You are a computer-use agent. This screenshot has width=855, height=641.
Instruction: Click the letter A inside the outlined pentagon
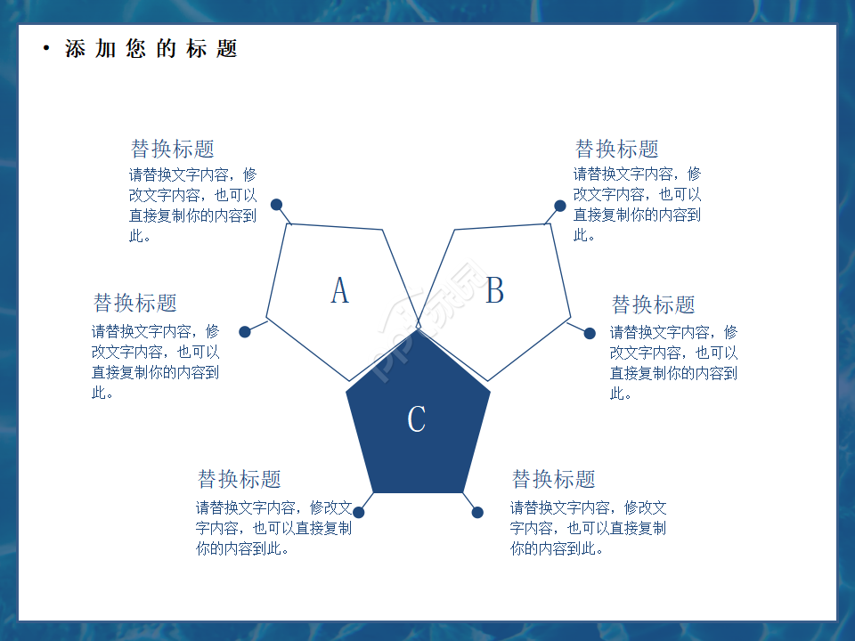[339, 290]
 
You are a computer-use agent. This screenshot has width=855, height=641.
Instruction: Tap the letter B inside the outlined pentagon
[494, 290]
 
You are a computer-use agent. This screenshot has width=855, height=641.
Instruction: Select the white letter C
[416, 418]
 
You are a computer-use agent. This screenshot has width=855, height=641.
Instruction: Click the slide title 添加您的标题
[151, 49]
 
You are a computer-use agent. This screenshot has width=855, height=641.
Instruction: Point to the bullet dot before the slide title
[46, 49]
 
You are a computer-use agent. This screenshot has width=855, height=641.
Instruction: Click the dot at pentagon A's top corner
[277, 205]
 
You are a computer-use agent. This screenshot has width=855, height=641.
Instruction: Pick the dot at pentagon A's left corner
[245, 332]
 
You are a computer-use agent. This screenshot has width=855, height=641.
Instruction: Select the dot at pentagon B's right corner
[590, 334]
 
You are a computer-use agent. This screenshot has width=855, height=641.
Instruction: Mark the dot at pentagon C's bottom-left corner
[360, 512]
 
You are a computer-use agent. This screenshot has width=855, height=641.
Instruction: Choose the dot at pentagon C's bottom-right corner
[477, 512]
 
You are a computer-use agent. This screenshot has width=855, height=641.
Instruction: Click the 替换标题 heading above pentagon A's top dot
[173, 149]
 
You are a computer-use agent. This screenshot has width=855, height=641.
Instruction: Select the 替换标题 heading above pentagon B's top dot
[616, 149]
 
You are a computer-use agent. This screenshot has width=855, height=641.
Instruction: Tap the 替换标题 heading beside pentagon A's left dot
[135, 303]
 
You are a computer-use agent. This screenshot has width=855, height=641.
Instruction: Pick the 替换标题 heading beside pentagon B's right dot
[653, 304]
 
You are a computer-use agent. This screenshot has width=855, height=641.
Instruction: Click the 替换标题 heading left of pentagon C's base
[239, 479]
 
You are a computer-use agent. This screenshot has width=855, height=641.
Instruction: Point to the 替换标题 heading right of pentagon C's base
[553, 479]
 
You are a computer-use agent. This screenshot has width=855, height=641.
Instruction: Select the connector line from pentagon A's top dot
[283, 215]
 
